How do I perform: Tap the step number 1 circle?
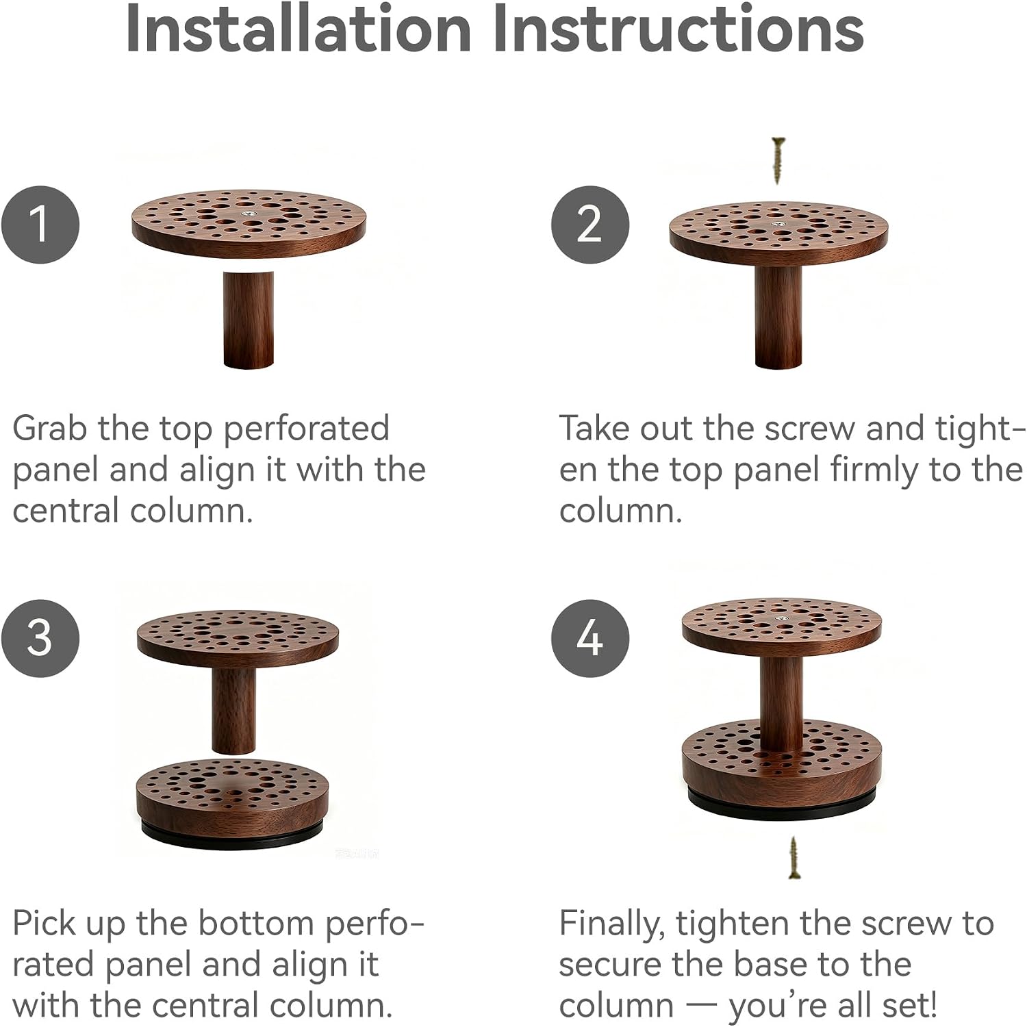tap(40, 224)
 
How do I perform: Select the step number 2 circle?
tap(590, 224)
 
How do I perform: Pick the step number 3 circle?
tap(40, 638)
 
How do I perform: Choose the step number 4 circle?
tap(590, 638)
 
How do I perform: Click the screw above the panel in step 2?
tap(778, 161)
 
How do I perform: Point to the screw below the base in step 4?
tap(794, 858)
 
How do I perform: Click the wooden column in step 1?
tap(249, 320)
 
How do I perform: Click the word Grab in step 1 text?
tap(51, 429)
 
